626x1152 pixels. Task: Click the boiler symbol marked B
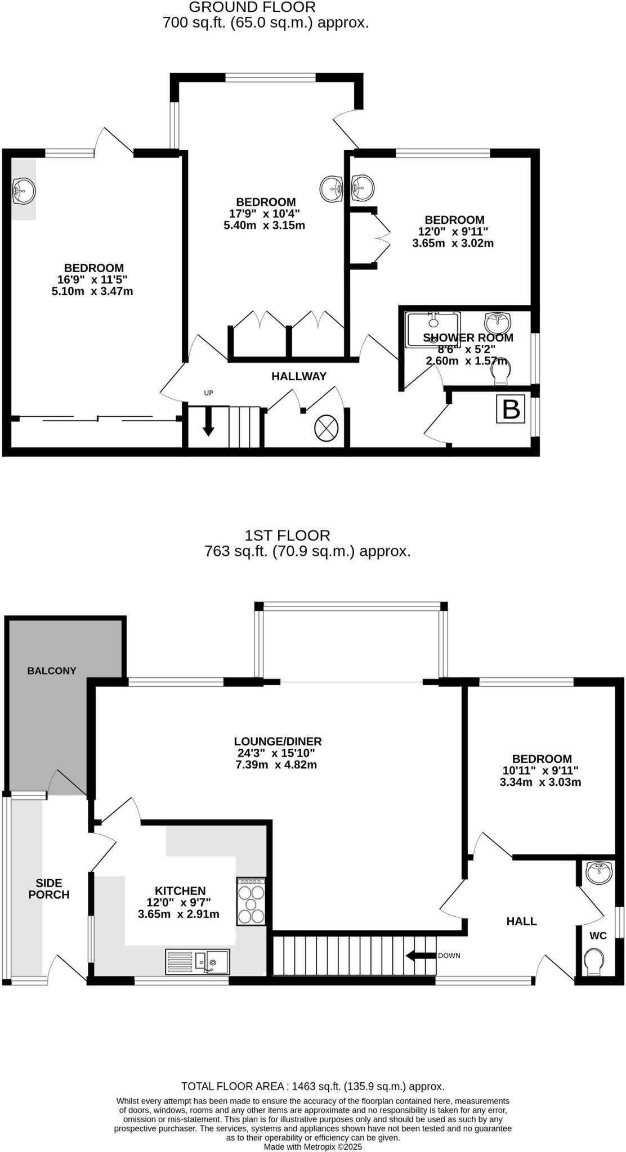(511, 409)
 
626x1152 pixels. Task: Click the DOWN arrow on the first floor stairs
(420, 955)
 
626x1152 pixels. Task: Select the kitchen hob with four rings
(251, 901)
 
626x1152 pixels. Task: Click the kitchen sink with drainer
(198, 961)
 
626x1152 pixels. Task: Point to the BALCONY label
(52, 670)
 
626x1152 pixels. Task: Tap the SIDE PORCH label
(49, 889)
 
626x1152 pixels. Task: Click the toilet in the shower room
(500, 373)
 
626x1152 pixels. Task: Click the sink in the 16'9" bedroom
(23, 191)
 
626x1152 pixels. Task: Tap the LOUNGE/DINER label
(278, 741)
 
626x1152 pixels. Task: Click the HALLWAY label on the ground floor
(299, 376)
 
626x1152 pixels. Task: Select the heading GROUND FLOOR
(252, 7)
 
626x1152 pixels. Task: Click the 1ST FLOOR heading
(288, 535)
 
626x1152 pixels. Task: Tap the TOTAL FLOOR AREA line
(312, 1086)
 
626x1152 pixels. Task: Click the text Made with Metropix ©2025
(313, 1146)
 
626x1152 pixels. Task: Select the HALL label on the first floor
(521, 921)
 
